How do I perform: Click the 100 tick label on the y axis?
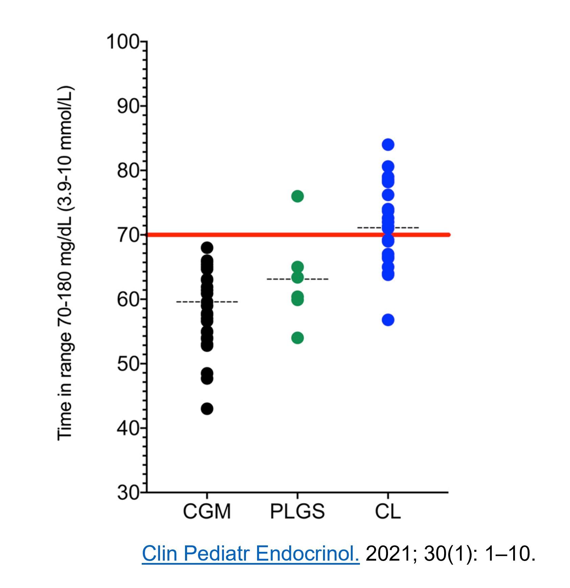pyautogui.click(x=123, y=42)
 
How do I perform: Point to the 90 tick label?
pyautogui.click(x=128, y=107)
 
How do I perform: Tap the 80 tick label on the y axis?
pyautogui.click(x=128, y=171)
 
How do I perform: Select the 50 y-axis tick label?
pyautogui.click(x=128, y=364)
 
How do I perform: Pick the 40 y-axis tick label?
pyautogui.click(x=128, y=428)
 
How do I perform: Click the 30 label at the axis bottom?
pyautogui.click(x=128, y=493)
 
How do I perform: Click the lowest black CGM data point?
pyautogui.click(x=207, y=409)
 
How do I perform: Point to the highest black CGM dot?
pyautogui.click(x=207, y=248)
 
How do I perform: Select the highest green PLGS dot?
pyautogui.click(x=297, y=196)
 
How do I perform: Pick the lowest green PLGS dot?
pyautogui.click(x=297, y=338)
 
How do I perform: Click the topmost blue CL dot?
pyautogui.click(x=388, y=145)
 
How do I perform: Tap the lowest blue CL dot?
pyautogui.click(x=388, y=320)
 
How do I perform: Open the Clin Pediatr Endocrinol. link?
pyautogui.click(x=250, y=554)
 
